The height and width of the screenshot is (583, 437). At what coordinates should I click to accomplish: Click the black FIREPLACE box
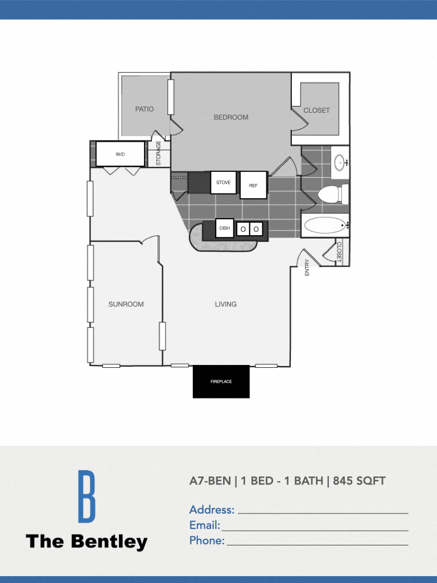(221, 381)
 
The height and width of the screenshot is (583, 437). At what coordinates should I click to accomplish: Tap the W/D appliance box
(120, 154)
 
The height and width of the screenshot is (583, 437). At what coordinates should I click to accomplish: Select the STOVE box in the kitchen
(223, 183)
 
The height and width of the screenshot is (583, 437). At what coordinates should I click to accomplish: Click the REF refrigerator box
(253, 185)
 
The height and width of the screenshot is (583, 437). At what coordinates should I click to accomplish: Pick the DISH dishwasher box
(224, 228)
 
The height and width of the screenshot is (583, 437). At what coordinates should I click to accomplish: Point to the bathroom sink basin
(340, 162)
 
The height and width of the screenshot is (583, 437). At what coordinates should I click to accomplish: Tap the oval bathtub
(325, 225)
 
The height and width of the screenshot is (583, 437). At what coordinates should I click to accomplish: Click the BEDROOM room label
(231, 117)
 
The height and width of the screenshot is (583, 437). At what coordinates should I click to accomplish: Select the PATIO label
(145, 109)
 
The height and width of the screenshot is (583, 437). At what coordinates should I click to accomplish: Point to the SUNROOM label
(126, 304)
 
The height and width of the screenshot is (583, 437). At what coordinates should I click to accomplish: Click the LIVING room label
(226, 304)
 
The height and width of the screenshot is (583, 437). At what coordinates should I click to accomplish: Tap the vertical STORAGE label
(159, 153)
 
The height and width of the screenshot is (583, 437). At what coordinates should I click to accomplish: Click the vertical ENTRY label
(307, 268)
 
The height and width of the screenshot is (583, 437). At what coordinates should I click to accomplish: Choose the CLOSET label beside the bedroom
(316, 110)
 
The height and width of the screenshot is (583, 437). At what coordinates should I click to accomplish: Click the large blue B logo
(86, 496)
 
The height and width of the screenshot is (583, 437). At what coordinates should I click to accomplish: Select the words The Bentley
(86, 541)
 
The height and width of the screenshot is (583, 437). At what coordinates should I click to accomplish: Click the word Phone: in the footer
(207, 541)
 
